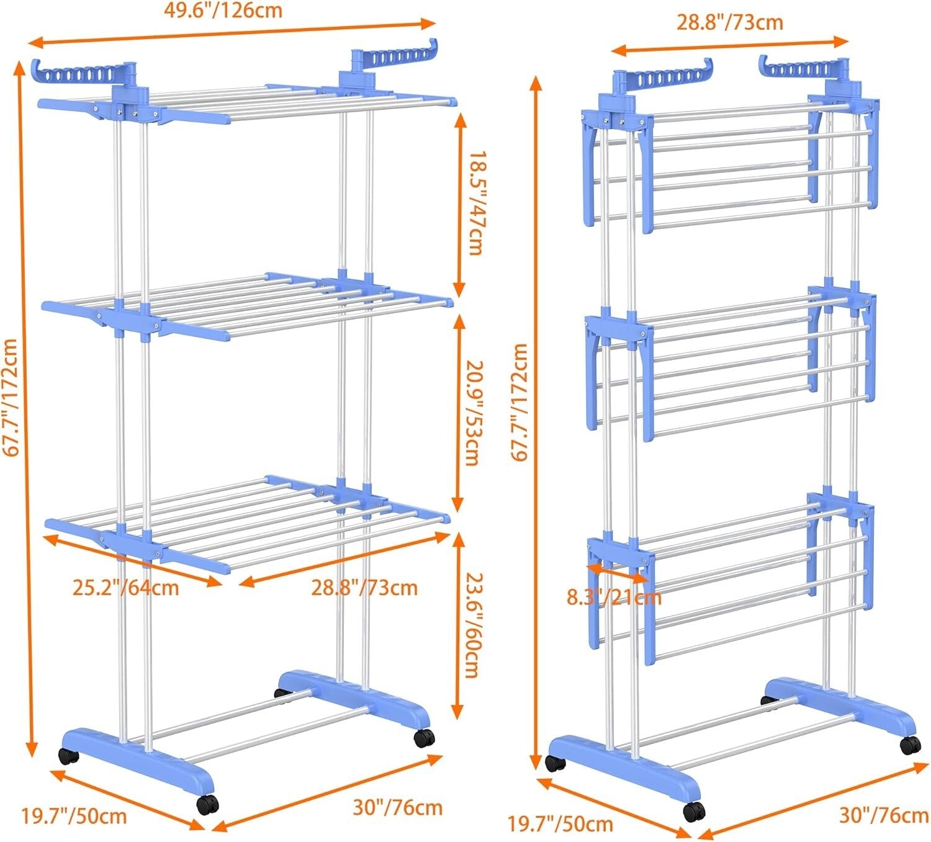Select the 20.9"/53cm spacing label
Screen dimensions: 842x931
coord(474,413)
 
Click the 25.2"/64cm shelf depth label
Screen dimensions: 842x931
coord(125,587)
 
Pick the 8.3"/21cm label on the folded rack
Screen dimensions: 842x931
coord(614,598)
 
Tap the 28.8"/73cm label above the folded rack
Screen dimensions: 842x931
coord(729,23)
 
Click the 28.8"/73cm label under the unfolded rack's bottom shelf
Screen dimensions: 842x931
coord(364,587)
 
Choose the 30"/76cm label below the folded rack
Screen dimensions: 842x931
coord(884,815)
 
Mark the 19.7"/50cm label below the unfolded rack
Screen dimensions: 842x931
coord(74,816)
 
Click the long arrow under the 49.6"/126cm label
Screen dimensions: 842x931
coord(233,33)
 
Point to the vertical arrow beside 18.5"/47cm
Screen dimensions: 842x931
coord(459,205)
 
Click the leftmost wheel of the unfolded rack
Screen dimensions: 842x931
coord(68,757)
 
